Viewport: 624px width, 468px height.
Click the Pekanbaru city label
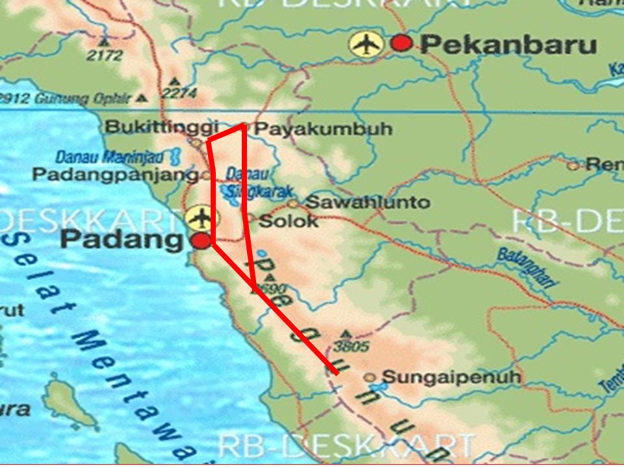(x=508, y=45)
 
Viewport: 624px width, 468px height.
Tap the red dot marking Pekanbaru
(x=402, y=44)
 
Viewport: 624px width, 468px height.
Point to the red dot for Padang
(x=201, y=241)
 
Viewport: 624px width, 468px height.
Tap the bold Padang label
(x=122, y=240)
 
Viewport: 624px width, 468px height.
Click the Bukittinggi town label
(x=162, y=127)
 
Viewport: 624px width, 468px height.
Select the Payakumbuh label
(x=323, y=129)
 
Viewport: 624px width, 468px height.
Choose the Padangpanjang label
(x=115, y=174)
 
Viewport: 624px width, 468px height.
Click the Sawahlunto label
(x=367, y=202)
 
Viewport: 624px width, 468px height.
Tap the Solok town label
(x=289, y=221)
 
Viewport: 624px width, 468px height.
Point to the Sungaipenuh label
(x=451, y=377)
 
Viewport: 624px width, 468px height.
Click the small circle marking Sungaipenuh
(x=370, y=377)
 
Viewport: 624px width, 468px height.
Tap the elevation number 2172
(x=105, y=55)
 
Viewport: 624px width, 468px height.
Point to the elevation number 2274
(x=179, y=94)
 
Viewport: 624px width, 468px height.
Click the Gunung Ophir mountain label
(x=71, y=99)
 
